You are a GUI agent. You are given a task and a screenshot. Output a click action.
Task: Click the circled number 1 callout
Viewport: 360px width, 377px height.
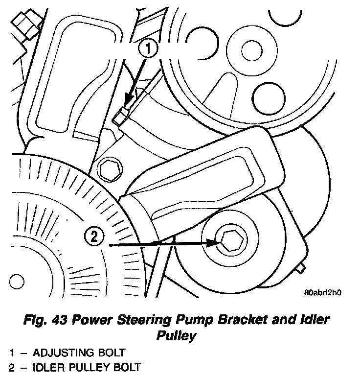click(149, 49)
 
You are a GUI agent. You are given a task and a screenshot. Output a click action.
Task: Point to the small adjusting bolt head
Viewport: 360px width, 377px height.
click(120, 117)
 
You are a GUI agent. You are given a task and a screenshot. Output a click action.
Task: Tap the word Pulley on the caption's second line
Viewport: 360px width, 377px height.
click(177, 336)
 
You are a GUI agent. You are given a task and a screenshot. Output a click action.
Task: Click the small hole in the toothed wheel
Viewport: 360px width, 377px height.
click(17, 282)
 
